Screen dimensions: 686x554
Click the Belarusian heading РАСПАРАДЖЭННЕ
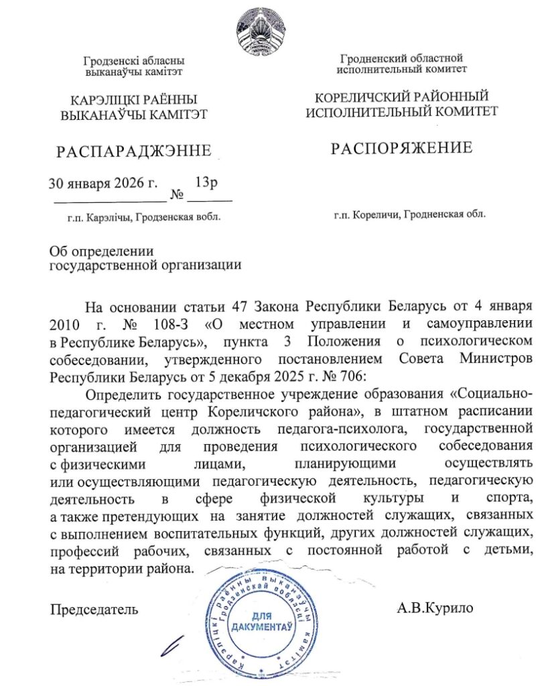coord(134,151)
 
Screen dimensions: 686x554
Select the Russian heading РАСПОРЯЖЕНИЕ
coord(402,148)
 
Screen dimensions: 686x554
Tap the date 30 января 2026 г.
coord(103,182)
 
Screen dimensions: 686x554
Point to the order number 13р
coord(206,181)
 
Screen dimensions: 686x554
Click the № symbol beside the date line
coord(178,196)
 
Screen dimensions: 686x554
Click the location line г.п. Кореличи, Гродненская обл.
coord(409,214)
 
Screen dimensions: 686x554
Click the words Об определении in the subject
coord(102,251)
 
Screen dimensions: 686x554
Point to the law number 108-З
coord(167,325)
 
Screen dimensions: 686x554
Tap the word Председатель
coord(94,610)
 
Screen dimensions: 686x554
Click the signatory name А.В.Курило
coord(435,608)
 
